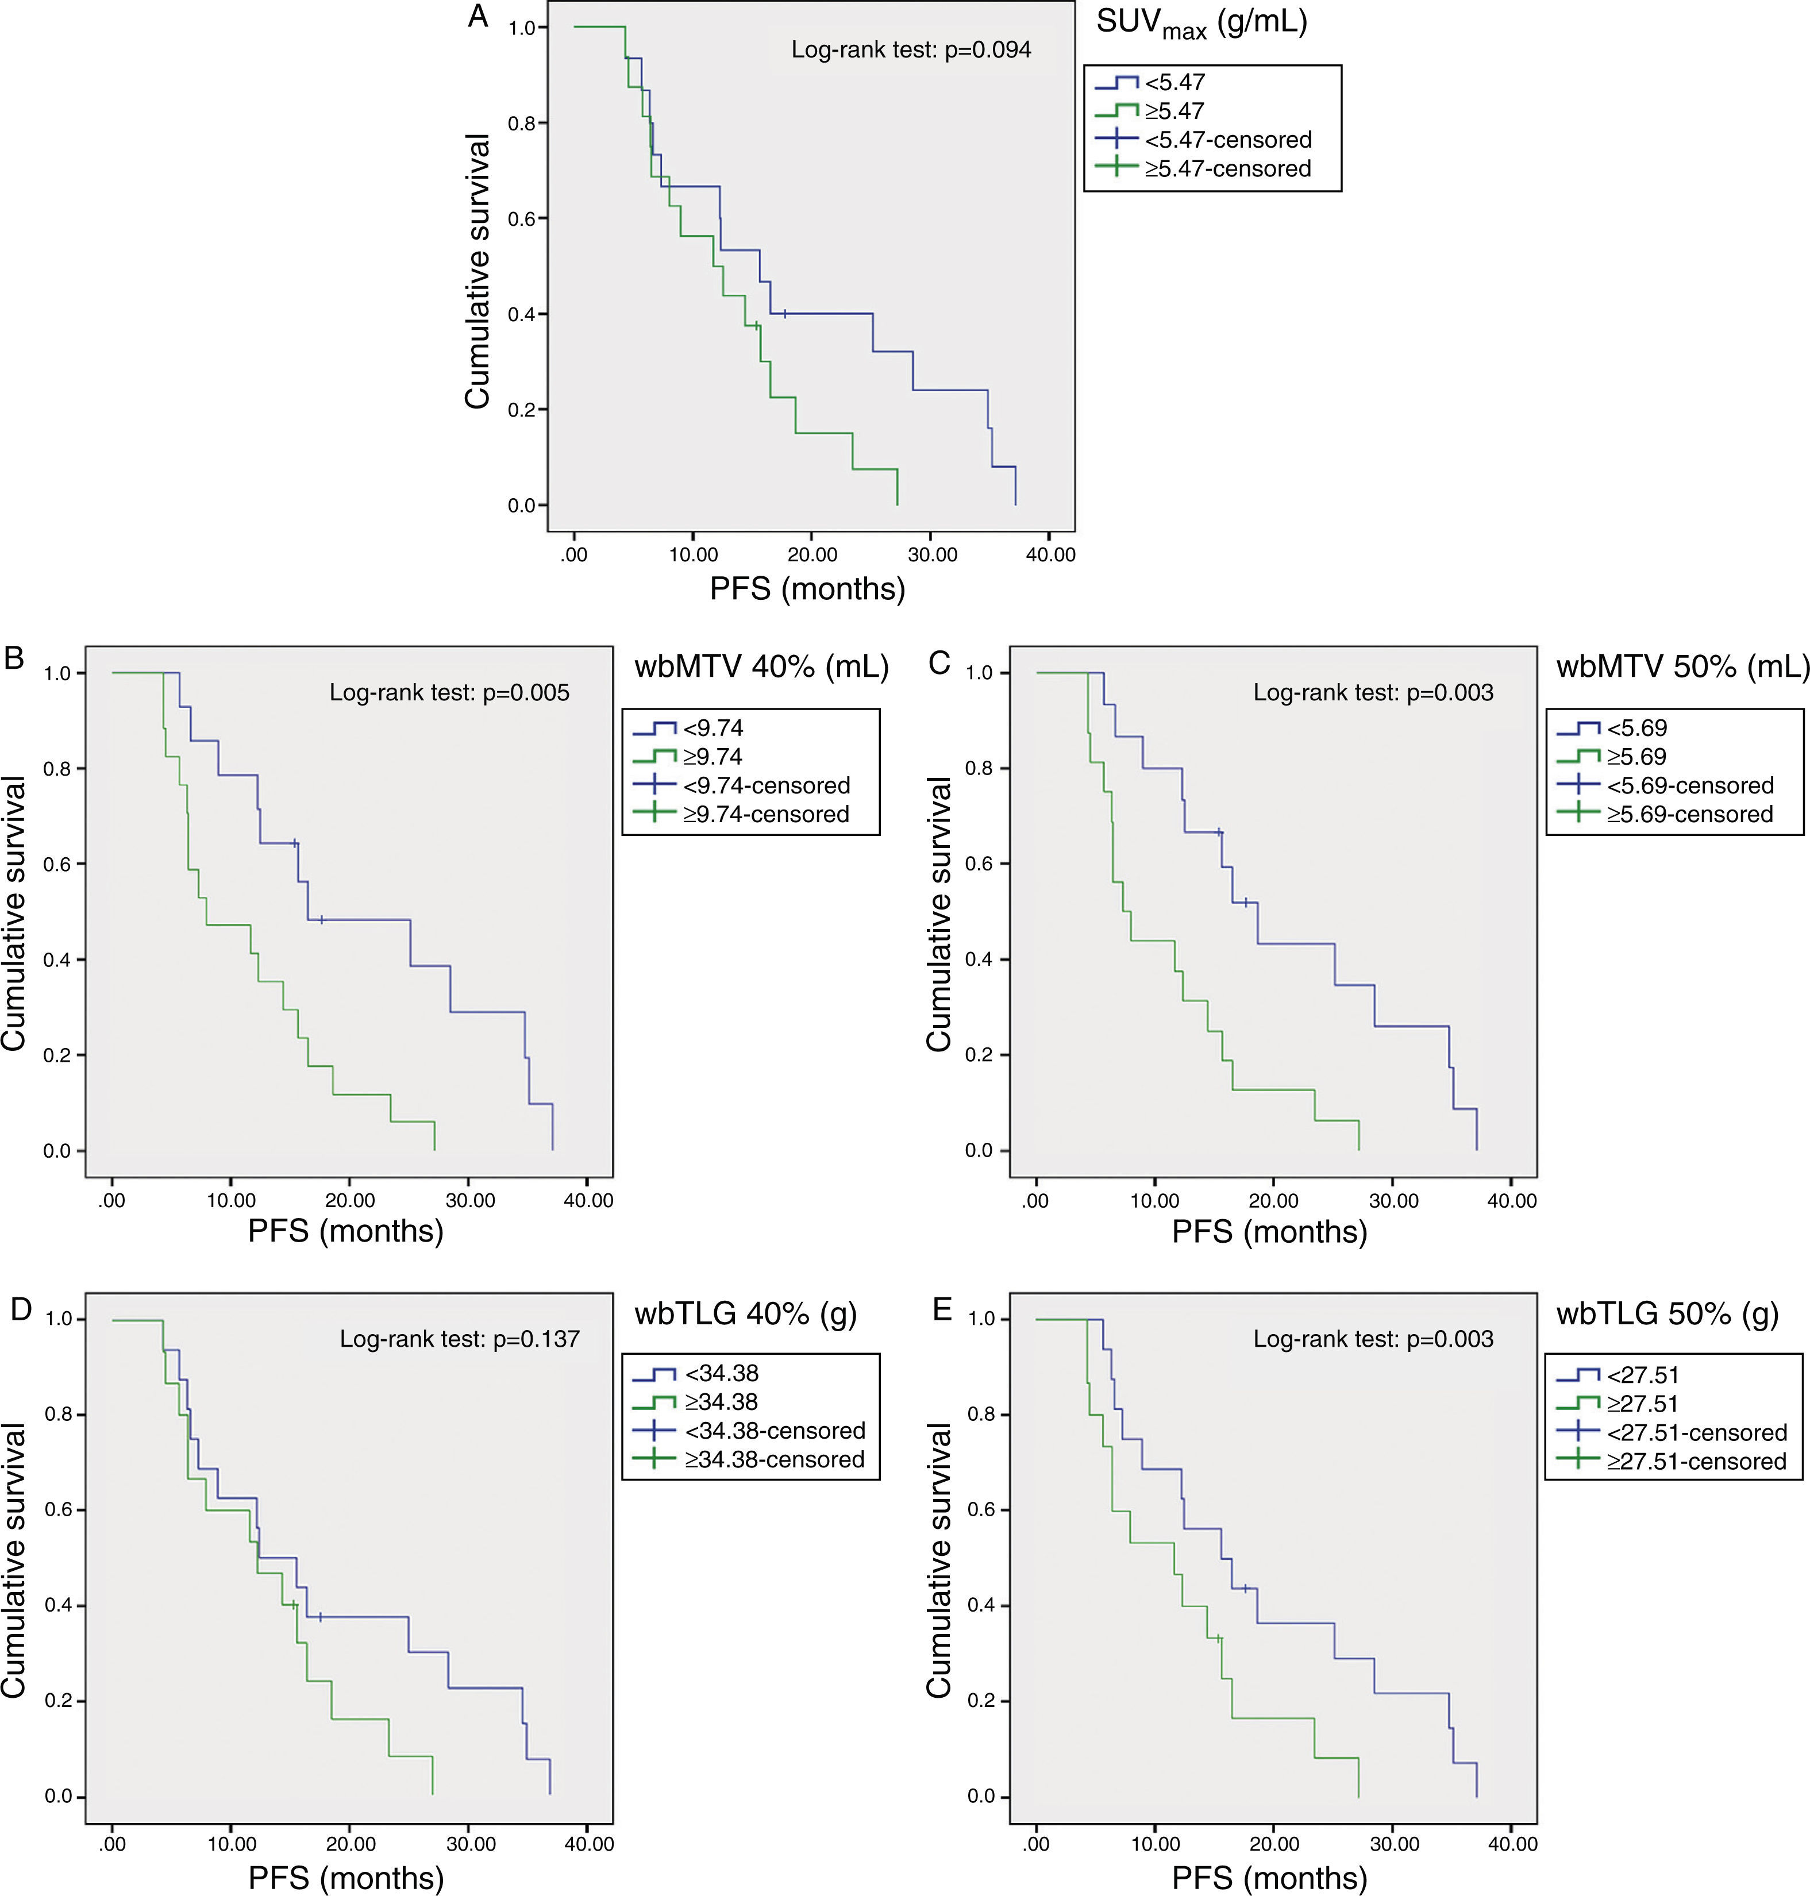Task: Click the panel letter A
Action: [x=477, y=17]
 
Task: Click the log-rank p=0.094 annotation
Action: [x=911, y=50]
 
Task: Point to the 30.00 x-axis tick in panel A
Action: [x=932, y=555]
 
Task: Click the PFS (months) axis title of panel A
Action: [x=807, y=588]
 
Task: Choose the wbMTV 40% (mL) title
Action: [x=761, y=666]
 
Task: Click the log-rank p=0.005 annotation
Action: [x=449, y=693]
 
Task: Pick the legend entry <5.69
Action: [x=1636, y=727]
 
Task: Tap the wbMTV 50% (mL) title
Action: [x=1682, y=666]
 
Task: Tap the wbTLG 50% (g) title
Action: [x=1667, y=1313]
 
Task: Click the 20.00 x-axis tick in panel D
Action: [x=351, y=1844]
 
